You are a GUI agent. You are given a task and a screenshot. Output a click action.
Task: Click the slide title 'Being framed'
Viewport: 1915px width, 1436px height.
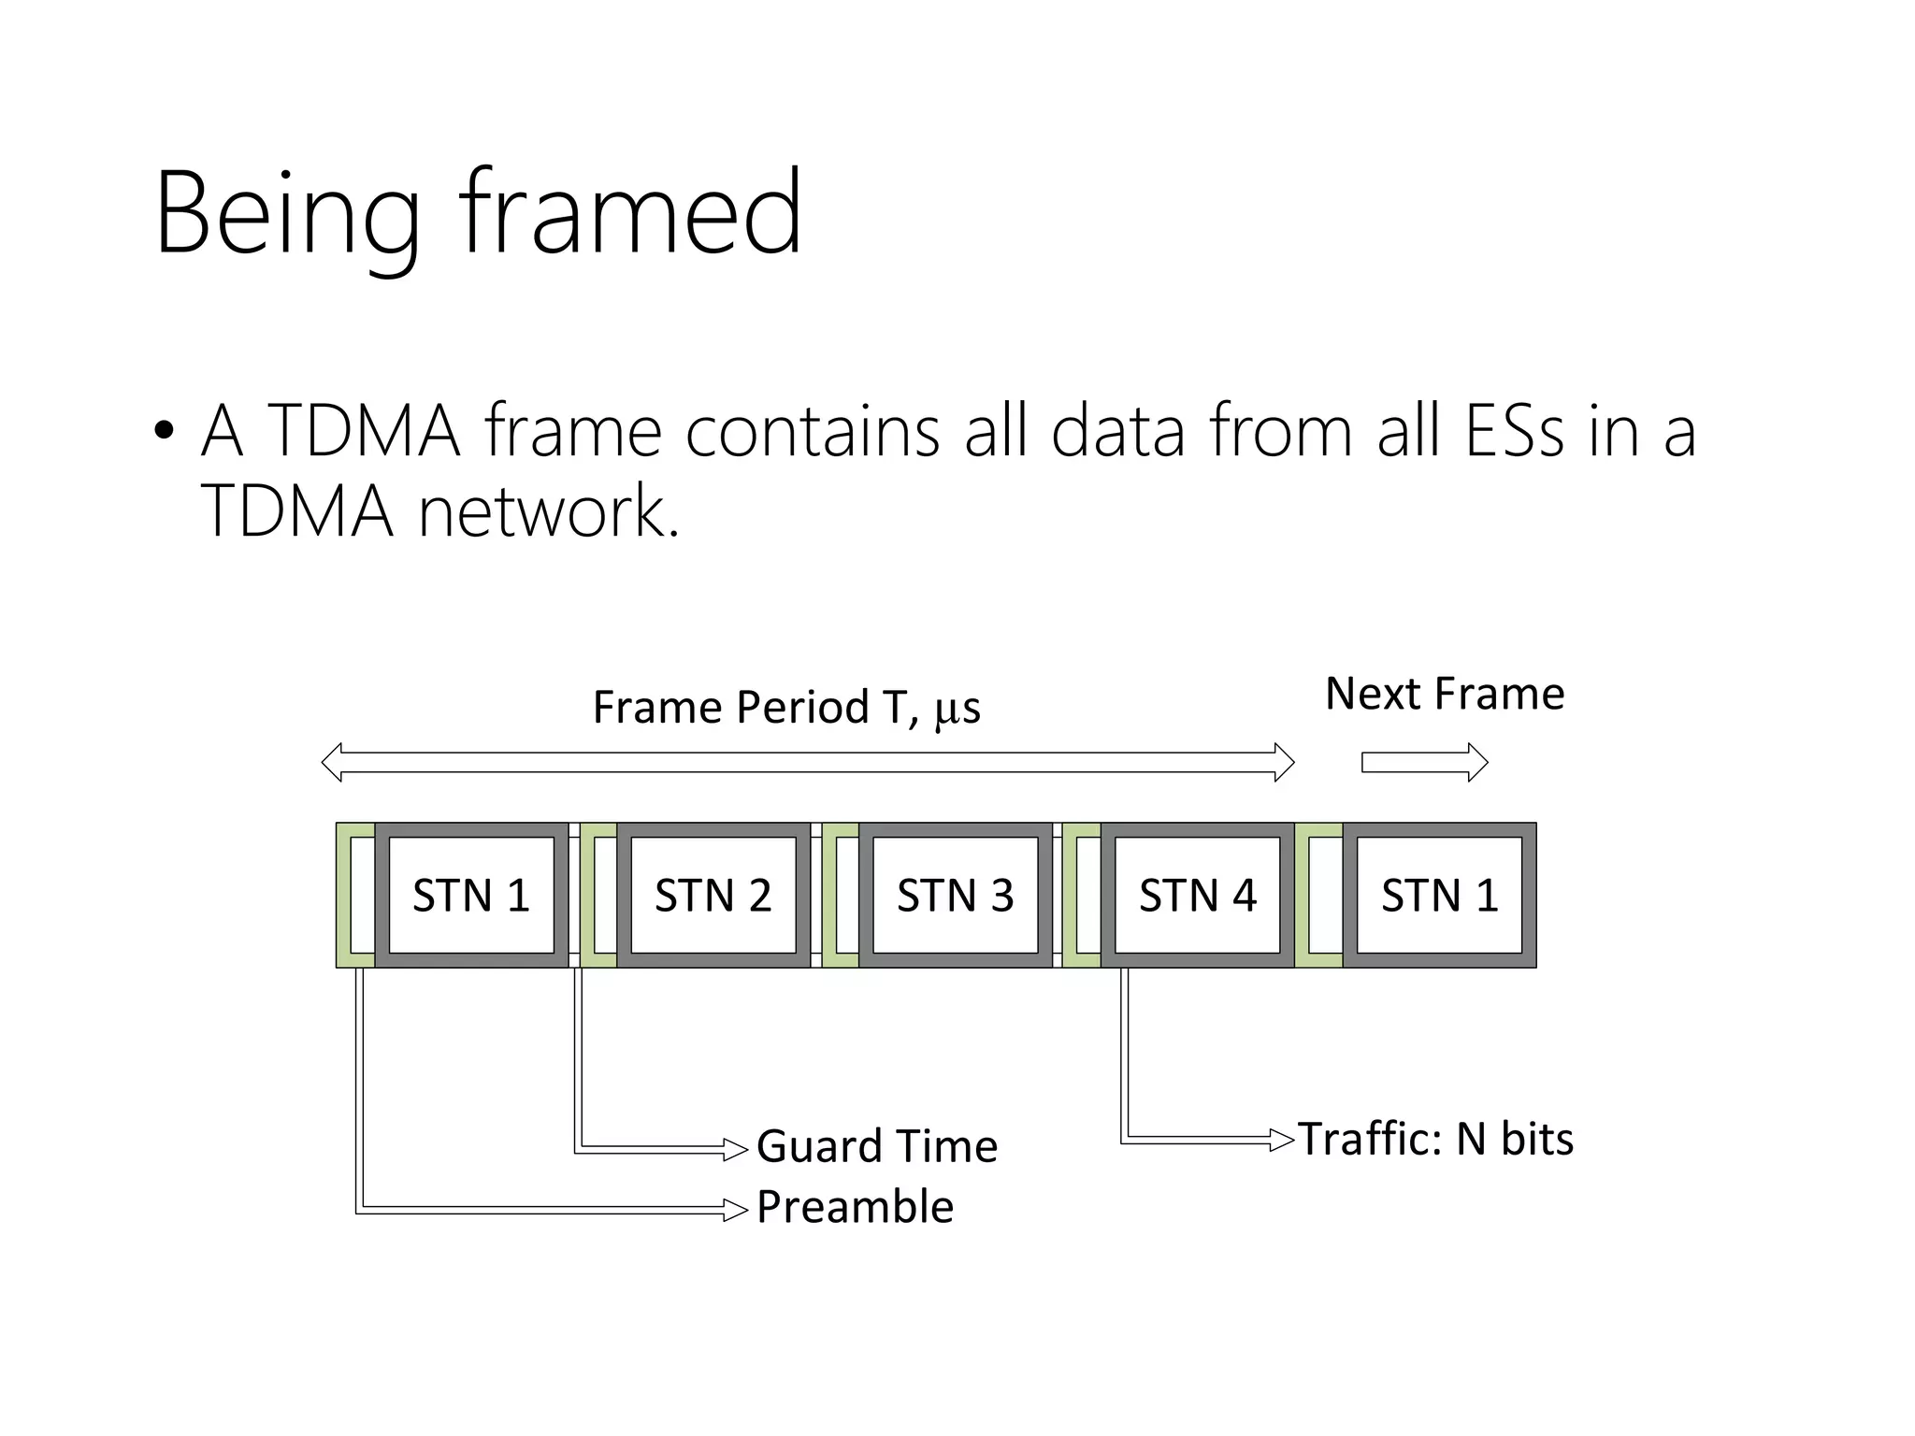(x=477, y=213)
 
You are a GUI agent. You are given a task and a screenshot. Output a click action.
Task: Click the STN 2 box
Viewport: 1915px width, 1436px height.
(x=713, y=896)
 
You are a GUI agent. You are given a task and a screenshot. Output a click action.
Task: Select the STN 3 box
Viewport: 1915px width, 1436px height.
(x=956, y=896)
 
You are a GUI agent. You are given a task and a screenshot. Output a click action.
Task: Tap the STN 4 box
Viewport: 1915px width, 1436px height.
(x=1198, y=896)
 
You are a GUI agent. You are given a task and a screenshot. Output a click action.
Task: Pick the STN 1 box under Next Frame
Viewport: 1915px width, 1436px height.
(x=1440, y=896)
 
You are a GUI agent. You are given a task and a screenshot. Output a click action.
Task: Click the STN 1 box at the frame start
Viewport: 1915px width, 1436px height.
(x=471, y=896)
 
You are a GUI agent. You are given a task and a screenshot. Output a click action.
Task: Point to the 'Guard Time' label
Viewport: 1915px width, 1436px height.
(x=876, y=1146)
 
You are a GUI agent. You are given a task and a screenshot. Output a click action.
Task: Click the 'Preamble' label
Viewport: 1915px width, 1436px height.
(x=855, y=1207)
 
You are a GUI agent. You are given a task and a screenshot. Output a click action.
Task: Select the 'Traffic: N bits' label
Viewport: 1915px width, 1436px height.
(x=1435, y=1140)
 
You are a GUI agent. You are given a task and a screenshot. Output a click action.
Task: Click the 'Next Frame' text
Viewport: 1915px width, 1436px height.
(x=1445, y=695)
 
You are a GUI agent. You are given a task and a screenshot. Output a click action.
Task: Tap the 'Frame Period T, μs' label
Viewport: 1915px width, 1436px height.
(x=786, y=708)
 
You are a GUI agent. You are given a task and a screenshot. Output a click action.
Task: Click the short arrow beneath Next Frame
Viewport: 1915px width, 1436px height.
(x=1424, y=763)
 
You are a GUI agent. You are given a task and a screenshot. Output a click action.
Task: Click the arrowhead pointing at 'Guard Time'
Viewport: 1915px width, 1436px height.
(x=737, y=1149)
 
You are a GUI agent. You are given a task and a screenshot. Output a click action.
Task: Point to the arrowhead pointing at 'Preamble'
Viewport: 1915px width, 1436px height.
(x=737, y=1210)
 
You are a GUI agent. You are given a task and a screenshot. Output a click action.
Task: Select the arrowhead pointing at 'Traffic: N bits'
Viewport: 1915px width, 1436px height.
(x=1282, y=1140)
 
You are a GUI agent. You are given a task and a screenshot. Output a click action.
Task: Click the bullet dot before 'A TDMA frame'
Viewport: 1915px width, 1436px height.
(x=165, y=431)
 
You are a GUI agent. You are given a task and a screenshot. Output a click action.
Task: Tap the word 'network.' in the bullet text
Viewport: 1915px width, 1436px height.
(x=548, y=512)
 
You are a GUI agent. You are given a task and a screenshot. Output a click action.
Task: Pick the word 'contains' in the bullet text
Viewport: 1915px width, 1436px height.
(x=812, y=431)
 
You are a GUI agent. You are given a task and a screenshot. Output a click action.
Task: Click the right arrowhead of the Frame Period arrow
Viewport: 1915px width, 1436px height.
(x=1285, y=763)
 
